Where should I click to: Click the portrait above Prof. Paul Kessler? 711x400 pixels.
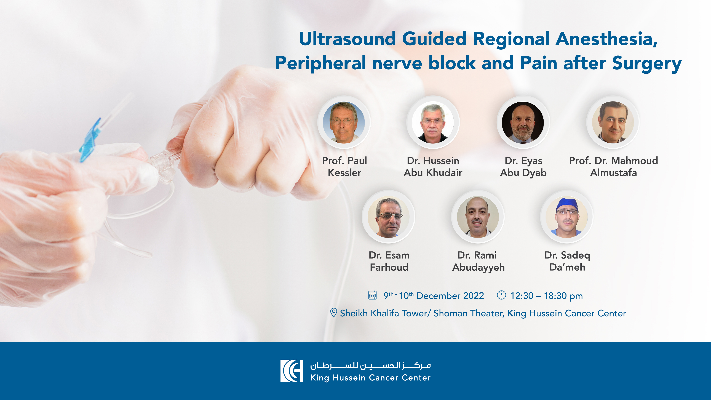(x=344, y=122)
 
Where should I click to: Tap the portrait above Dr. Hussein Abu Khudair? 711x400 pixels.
(x=433, y=122)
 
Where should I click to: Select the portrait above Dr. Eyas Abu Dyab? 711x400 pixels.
(x=523, y=122)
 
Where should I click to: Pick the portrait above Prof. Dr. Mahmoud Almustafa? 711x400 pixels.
(x=613, y=122)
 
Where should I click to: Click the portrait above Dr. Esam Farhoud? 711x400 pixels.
(x=389, y=217)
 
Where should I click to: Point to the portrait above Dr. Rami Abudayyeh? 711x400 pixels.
(x=478, y=217)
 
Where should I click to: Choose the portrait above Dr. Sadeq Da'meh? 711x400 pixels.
(x=567, y=217)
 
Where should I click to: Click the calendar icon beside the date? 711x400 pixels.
(x=372, y=295)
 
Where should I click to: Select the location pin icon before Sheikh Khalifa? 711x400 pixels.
(x=333, y=313)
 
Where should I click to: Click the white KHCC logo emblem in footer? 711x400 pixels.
(x=292, y=371)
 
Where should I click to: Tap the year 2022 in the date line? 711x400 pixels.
(x=473, y=296)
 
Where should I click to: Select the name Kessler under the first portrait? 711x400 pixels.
(x=344, y=173)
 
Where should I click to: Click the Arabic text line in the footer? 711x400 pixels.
(x=370, y=366)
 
